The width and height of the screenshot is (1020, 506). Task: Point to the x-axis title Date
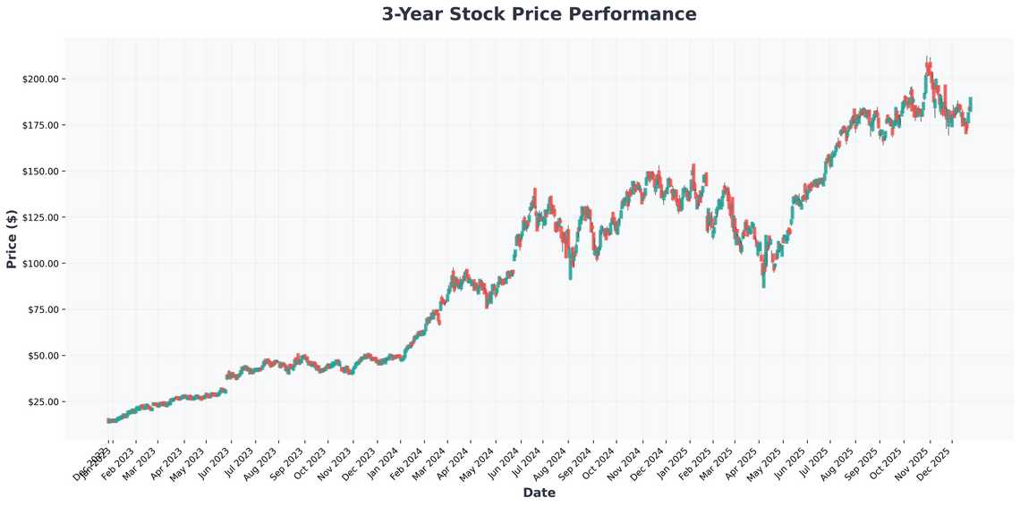pyautogui.click(x=539, y=493)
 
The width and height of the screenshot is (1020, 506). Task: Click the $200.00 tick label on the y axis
pyautogui.click(x=40, y=79)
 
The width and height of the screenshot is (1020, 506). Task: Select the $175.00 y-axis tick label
pyautogui.click(x=40, y=125)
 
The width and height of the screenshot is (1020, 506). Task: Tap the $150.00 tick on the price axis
pyautogui.click(x=40, y=171)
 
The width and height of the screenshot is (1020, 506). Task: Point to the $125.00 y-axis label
pyautogui.click(x=40, y=217)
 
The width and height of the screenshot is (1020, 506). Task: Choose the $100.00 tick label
pyautogui.click(x=40, y=264)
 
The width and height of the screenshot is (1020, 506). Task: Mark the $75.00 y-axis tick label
pyautogui.click(x=43, y=309)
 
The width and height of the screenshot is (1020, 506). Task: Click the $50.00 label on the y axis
pyautogui.click(x=43, y=356)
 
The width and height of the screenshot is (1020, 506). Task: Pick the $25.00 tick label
pyautogui.click(x=43, y=401)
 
